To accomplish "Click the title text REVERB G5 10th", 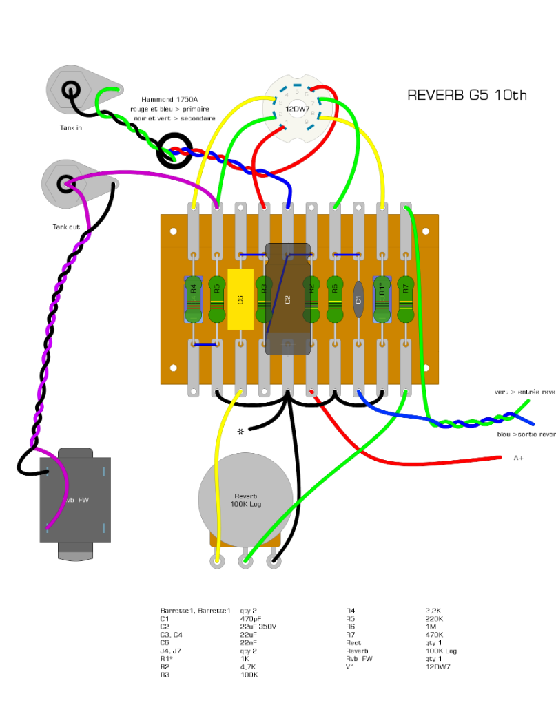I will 466,95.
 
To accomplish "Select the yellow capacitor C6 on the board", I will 240,299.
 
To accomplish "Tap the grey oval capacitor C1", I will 358,299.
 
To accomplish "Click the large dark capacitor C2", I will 288,299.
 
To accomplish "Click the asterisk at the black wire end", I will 240,432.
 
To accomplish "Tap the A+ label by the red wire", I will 518,458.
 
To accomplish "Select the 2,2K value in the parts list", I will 434,610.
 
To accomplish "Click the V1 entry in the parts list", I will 349,666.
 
